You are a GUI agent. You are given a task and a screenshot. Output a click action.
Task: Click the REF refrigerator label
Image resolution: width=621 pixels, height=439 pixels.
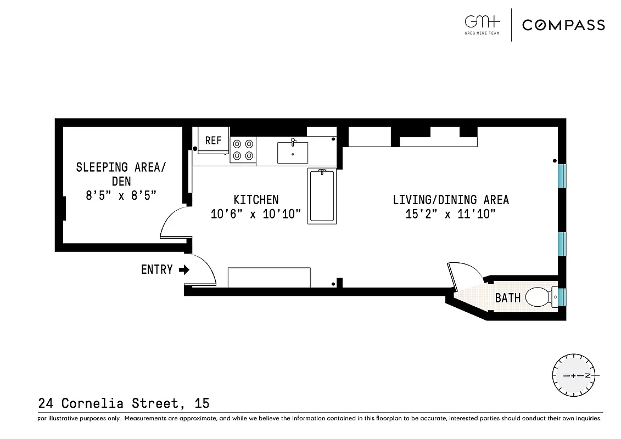click(x=213, y=140)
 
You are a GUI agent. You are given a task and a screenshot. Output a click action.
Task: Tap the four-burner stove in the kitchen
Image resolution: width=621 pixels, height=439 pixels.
click(x=243, y=150)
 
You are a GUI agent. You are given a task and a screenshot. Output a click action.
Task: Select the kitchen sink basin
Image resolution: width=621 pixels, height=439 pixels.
click(x=292, y=153)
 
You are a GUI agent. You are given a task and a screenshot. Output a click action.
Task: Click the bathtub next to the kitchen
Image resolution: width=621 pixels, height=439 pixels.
click(x=321, y=195)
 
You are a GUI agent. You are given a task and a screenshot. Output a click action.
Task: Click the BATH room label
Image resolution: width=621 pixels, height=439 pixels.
click(x=507, y=299)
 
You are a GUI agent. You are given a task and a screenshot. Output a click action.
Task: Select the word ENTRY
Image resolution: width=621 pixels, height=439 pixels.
click(x=157, y=269)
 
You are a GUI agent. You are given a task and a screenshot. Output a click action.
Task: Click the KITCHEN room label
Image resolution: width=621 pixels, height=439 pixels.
click(x=256, y=200)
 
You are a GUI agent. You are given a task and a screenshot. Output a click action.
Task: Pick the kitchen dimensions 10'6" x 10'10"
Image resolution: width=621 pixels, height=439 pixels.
click(x=256, y=214)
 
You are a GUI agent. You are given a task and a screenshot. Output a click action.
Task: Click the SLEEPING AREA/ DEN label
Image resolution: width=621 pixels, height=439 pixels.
click(x=120, y=173)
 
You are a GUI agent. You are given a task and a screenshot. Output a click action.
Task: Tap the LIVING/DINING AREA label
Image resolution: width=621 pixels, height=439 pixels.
click(x=451, y=200)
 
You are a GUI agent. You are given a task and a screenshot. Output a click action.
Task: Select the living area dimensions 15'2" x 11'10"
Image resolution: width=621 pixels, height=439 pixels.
click(x=451, y=214)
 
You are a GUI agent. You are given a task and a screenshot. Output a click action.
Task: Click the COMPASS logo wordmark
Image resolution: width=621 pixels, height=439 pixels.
click(x=563, y=25)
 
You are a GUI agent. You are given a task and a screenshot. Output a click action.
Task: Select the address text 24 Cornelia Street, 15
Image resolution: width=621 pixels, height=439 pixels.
click(x=124, y=403)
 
